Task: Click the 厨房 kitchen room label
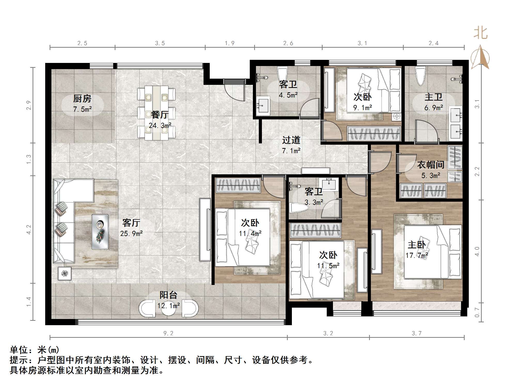82,99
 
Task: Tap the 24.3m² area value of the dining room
160,126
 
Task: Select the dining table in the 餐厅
156,113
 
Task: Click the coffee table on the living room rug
100,232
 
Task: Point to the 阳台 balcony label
168,295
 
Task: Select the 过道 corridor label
291,140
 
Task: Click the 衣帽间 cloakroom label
431,165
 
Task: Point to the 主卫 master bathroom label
433,97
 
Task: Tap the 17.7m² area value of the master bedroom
417,256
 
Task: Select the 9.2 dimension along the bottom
168,333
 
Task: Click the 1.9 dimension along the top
229,43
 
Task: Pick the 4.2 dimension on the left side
29,230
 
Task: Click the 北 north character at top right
480,33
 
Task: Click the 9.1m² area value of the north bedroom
362,108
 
